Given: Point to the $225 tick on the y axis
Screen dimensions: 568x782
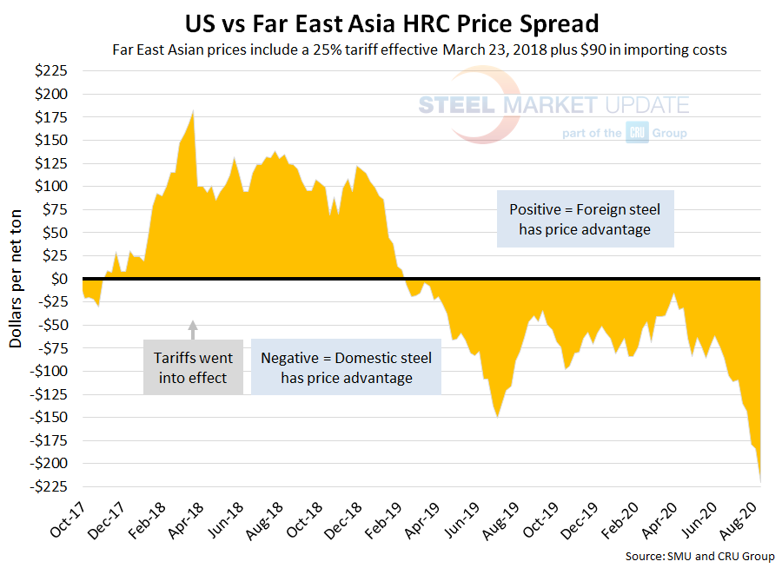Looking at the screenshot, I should [x=55, y=71].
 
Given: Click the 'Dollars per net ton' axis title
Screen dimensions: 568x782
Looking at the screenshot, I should [x=16, y=278].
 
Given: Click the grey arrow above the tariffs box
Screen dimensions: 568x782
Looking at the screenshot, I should [x=193, y=327].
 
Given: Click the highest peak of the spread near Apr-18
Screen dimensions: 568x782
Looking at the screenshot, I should [x=193, y=111].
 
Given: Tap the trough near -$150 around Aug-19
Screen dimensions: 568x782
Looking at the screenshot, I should [x=497, y=417].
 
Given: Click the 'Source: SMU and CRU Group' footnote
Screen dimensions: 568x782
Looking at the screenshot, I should [x=699, y=556].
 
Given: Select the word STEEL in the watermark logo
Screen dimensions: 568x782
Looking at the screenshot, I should [x=456, y=106].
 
